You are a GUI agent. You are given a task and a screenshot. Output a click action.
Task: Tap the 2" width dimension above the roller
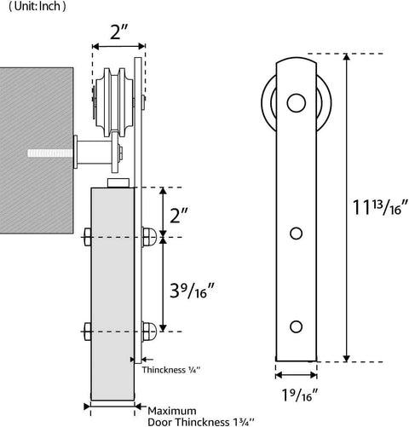118,34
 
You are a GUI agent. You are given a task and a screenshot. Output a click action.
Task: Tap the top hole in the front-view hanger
296,104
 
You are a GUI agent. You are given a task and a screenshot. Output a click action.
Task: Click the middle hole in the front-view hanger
296,233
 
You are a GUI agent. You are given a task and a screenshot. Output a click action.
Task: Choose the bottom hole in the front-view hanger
296,326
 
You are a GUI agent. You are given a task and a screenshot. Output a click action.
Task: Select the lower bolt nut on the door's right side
150,328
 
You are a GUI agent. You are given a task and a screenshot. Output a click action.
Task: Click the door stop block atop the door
119,182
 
